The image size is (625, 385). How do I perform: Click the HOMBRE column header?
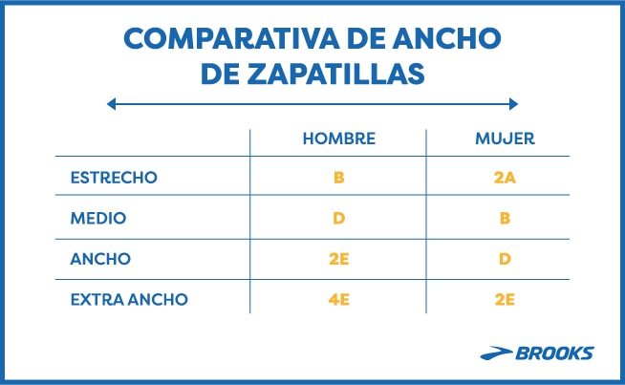click(x=338, y=139)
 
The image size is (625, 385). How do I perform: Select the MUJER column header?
click(x=505, y=139)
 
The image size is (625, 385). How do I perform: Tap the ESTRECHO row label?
click(x=114, y=178)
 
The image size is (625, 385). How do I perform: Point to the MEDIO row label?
click(x=98, y=218)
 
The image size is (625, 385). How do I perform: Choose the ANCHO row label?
click(x=100, y=258)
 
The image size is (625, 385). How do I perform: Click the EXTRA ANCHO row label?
click(x=129, y=299)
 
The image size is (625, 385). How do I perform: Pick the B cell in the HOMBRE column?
click(x=338, y=178)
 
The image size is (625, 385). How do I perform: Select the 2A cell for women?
click(x=505, y=178)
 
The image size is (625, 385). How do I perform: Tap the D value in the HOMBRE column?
click(x=338, y=218)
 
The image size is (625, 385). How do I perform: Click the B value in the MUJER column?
click(x=505, y=218)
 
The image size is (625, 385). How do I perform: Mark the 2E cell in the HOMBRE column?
click(x=338, y=258)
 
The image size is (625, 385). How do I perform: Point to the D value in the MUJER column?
click(x=505, y=258)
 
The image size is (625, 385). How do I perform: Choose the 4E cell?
click(x=338, y=299)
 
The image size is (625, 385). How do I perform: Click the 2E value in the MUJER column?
click(x=505, y=299)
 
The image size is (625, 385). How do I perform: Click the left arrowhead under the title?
click(x=112, y=103)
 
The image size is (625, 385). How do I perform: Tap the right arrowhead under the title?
click(x=513, y=103)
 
